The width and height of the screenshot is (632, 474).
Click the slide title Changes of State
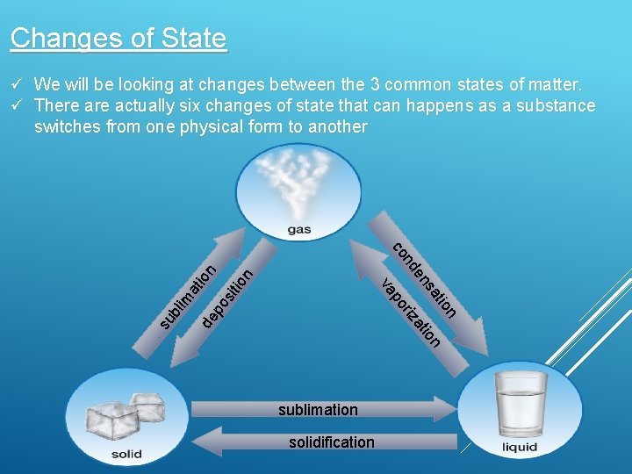(x=118, y=39)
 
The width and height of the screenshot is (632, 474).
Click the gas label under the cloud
(x=300, y=231)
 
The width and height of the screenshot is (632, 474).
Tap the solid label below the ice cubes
(x=126, y=454)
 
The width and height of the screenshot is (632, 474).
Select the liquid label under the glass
(x=520, y=448)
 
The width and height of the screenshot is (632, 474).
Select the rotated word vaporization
(x=410, y=312)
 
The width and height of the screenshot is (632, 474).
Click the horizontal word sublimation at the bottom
(x=318, y=410)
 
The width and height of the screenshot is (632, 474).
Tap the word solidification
(x=331, y=442)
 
